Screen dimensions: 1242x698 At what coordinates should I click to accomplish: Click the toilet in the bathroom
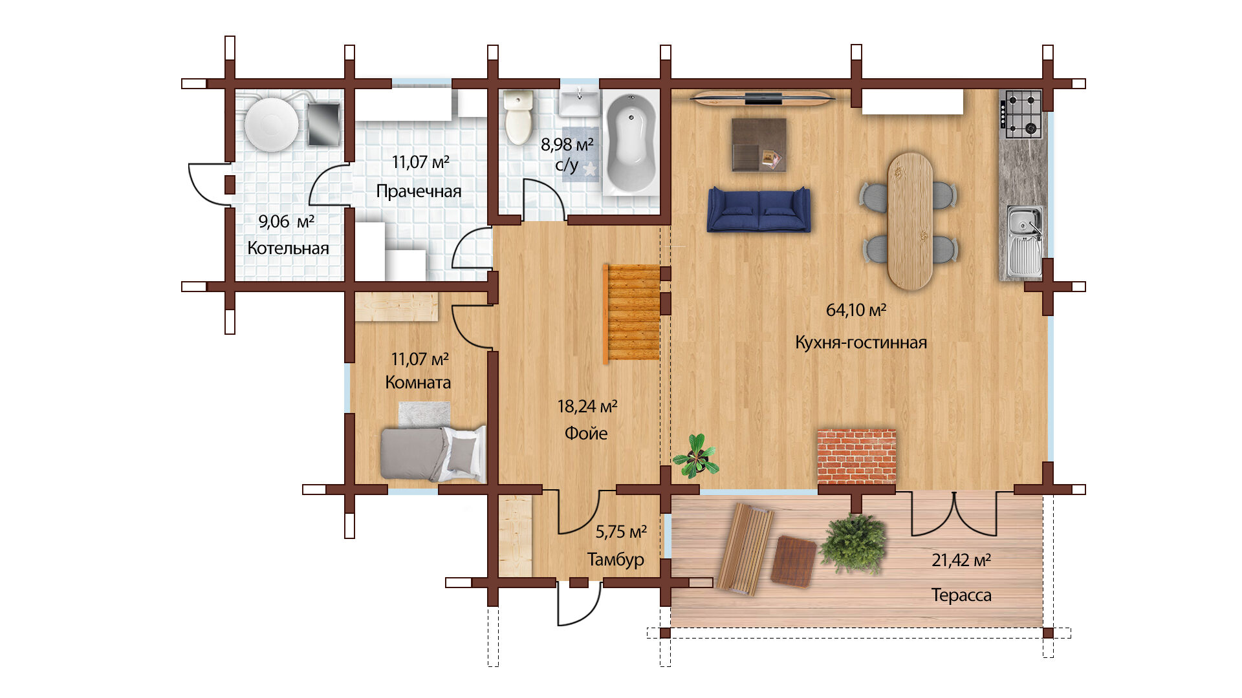click(x=518, y=117)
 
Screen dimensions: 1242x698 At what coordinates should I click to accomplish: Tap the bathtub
click(x=630, y=143)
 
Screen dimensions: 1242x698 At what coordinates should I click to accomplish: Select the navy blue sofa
click(x=758, y=209)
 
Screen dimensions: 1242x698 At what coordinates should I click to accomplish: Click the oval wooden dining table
click(x=910, y=221)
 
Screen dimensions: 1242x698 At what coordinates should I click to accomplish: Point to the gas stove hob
click(x=1021, y=114)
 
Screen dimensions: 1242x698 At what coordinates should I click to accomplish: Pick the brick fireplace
click(x=856, y=456)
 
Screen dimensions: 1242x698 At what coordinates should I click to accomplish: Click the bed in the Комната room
click(x=433, y=452)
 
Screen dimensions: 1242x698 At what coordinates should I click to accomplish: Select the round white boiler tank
click(x=272, y=124)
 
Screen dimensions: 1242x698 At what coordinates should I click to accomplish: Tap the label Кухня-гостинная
click(x=860, y=343)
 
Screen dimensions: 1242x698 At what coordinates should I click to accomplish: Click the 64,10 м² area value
click(x=856, y=310)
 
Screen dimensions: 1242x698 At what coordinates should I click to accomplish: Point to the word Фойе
click(x=586, y=433)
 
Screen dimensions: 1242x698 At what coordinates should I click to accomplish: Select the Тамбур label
click(x=615, y=559)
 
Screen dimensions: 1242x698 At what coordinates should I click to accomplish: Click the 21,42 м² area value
click(x=961, y=560)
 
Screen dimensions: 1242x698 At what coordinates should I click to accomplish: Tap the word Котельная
click(x=288, y=248)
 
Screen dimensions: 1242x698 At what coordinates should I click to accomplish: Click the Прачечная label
click(x=419, y=191)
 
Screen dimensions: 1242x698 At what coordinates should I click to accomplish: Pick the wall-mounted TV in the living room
click(x=763, y=98)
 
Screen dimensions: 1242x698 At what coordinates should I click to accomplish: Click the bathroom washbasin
click(x=580, y=103)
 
